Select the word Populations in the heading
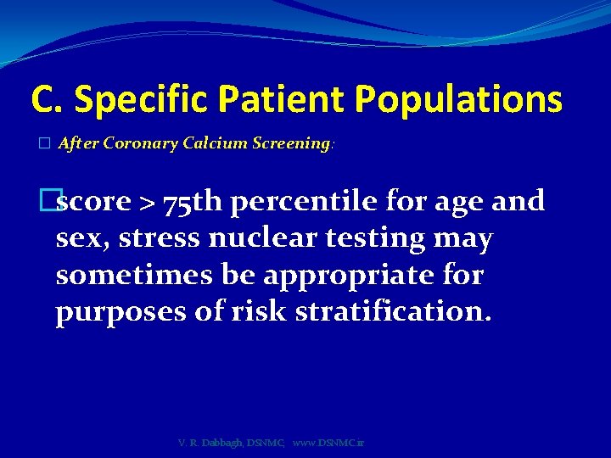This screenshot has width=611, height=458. point(459,100)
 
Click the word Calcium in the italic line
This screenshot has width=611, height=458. point(212,143)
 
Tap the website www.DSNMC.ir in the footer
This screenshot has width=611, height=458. point(328,444)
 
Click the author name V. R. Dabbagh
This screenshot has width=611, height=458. point(210,444)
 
